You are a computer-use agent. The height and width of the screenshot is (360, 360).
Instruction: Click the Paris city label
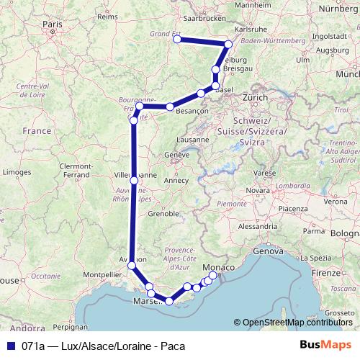53,24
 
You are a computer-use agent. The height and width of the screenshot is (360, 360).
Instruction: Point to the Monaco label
220,268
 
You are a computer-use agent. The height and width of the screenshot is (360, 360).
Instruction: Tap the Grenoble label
163,214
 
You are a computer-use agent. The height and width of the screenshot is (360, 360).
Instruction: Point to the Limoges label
17,173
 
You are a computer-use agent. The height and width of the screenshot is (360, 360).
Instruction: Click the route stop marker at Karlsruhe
229,45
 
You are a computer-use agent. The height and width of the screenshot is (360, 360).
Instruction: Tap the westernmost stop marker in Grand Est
177,40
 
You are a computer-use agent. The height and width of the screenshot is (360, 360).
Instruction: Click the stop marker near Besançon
171,107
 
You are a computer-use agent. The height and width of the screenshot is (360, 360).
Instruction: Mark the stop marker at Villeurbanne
134,180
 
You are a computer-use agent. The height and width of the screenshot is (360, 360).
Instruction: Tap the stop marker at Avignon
131,266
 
